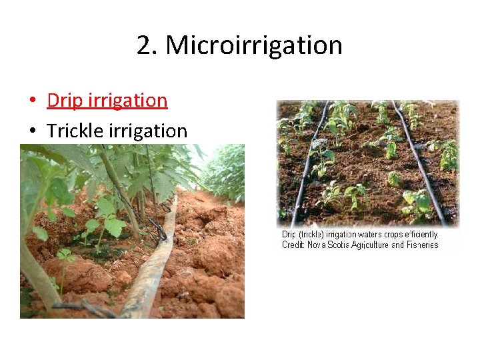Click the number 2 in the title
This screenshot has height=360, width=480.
(x=143, y=46)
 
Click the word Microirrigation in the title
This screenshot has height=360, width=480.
(x=254, y=46)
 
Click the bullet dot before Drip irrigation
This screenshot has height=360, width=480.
(x=33, y=101)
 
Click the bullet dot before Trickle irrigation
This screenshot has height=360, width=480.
(x=33, y=131)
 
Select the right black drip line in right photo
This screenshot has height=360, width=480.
(x=420, y=167)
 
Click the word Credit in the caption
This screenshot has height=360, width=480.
(x=293, y=245)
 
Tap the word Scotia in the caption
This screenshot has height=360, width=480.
(x=334, y=245)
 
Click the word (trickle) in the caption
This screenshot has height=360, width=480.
(x=311, y=235)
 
